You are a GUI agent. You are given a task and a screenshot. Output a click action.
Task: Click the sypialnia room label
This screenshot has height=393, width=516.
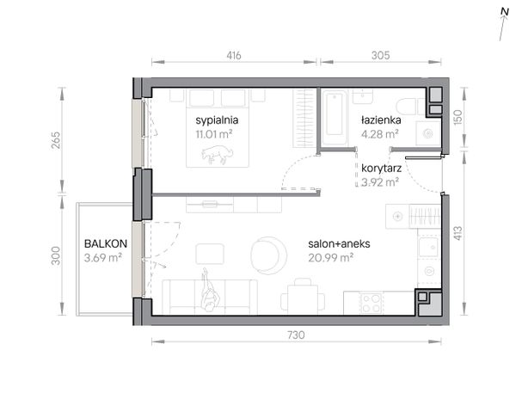[217, 120]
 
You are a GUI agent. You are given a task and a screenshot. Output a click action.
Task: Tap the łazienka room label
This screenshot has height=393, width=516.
[381, 120]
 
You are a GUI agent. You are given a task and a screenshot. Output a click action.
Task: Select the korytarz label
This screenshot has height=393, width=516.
[381, 169]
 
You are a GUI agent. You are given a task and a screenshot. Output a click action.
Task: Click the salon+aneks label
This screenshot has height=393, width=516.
[339, 244]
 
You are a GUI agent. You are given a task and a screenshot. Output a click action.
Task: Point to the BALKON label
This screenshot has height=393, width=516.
[106, 244]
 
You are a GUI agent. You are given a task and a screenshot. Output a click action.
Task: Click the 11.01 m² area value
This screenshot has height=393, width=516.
[214, 134]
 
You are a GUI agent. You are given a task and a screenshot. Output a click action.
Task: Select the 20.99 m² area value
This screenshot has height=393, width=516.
[331, 258]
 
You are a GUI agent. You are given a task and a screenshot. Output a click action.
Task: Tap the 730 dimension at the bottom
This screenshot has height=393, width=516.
[296, 335]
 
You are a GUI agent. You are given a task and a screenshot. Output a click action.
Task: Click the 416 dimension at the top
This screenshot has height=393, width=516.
[234, 55]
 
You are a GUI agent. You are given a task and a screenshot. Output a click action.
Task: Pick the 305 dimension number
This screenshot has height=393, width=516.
[381, 55]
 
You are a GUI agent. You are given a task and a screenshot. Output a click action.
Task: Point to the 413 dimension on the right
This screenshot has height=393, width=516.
[458, 233]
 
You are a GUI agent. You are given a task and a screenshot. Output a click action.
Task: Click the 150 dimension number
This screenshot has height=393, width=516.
[458, 117]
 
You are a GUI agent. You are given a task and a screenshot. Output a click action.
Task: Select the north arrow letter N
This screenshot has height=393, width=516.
[505, 12]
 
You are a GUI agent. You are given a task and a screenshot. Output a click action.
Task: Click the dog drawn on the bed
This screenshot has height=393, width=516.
[217, 155]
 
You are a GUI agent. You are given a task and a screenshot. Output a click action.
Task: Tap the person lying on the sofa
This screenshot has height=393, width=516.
[210, 290]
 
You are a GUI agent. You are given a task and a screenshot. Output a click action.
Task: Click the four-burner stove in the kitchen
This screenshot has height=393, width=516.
[372, 304]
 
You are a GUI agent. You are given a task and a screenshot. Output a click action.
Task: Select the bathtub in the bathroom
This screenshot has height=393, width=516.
[335, 118]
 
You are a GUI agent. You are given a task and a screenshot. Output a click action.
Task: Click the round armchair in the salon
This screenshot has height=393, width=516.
[268, 255]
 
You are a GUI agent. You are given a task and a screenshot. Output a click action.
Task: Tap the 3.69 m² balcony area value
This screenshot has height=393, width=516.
[103, 258]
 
